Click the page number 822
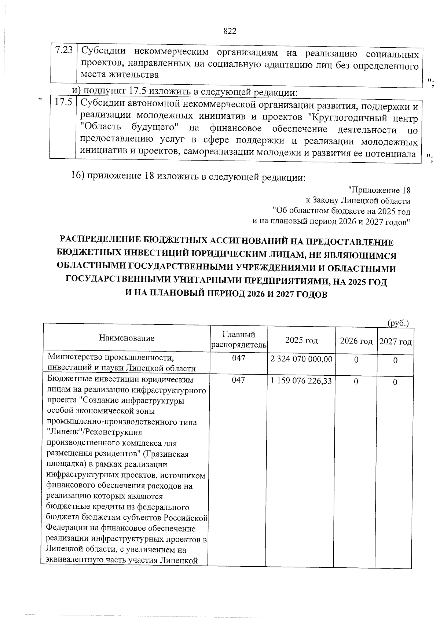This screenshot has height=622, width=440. (x=230, y=31)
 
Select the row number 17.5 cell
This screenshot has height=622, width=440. (x=63, y=103)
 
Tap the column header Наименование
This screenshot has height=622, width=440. (x=126, y=338)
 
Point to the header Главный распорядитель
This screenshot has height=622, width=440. (x=239, y=339)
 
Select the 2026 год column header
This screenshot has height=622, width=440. (x=356, y=341)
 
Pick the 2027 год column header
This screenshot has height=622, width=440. (x=395, y=342)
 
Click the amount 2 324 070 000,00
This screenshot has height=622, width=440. (x=301, y=359)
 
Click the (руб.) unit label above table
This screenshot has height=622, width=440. (x=398, y=323)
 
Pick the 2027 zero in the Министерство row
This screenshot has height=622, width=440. (x=395, y=361)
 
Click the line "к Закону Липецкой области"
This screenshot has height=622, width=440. (x=358, y=201)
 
